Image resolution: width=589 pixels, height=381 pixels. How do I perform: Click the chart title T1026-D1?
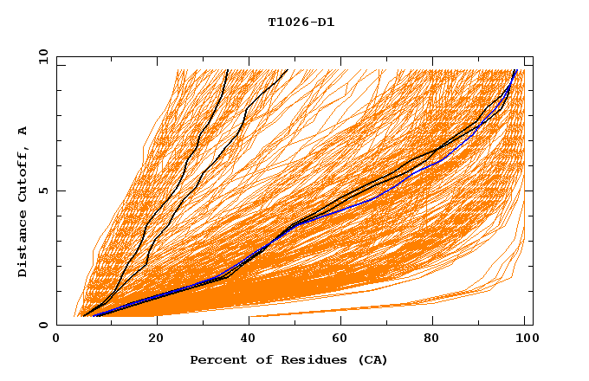pyautogui.click(x=301, y=22)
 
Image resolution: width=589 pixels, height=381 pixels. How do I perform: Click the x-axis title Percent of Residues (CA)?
pyautogui.click(x=288, y=359)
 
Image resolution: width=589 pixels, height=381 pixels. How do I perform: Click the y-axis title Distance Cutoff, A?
pyautogui.click(x=23, y=202)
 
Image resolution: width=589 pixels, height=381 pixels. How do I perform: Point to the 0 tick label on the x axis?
pyautogui.click(x=56, y=339)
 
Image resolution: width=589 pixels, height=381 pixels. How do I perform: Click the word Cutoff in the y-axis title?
pyautogui.click(x=23, y=178)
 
